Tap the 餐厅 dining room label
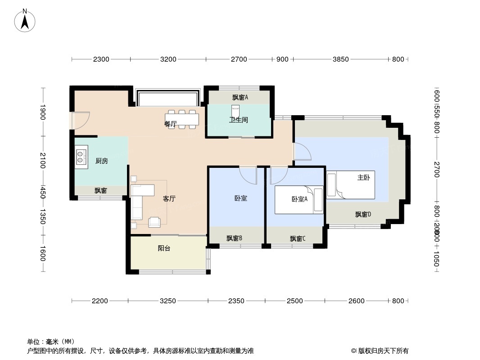coord(170,124)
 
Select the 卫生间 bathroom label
coord(239,120)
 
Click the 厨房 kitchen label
coord(102,161)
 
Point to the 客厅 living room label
coord(169,198)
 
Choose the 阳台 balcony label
coord(164,248)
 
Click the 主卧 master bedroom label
coord(363,178)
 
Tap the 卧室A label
coord(299,199)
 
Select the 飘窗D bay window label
coord(363,214)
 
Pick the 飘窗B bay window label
coord(235,238)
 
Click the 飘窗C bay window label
coord(298,238)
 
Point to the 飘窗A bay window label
coord(240,97)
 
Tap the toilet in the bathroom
coord(235,110)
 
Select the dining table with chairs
coord(182,119)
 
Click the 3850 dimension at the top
coord(341,59)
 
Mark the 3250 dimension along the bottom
coord(168,301)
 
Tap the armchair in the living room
coord(154,221)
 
